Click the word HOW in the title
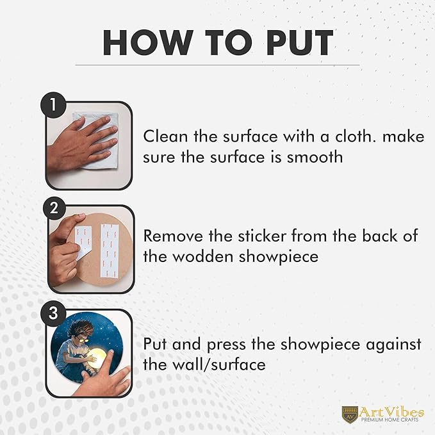(x=147, y=42)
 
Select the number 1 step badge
(x=53, y=106)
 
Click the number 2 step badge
(x=54, y=208)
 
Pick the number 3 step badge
(x=53, y=313)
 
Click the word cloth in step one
(x=356, y=136)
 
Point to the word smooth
(x=315, y=157)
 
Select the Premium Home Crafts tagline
(x=390, y=420)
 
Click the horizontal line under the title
(x=217, y=65)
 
